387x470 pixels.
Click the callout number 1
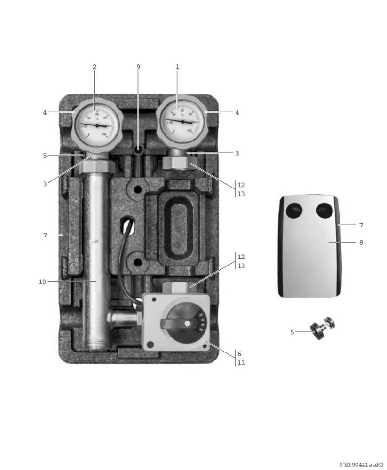pos(177,67)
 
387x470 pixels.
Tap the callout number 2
pos(94,67)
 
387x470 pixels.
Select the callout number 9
pos(138,67)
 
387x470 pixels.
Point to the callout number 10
pos(42,282)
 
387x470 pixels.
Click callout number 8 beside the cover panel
pos(361,243)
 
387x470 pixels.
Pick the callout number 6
pos(239,354)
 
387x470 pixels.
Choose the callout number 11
pos(240,363)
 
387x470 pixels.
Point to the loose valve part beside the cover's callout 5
pos(323,328)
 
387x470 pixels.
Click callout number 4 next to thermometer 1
pos(237,113)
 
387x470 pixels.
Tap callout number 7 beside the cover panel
pos(361,226)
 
